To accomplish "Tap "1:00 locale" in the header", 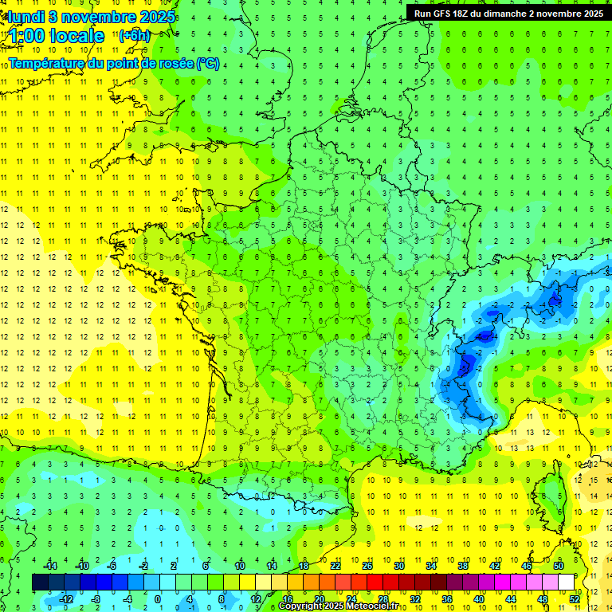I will pyautogui.click(x=56, y=36).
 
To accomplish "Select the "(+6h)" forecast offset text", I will pyautogui.click(x=133, y=36).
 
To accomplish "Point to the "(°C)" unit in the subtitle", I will pyautogui.click(x=208, y=63).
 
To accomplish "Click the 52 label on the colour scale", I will pyautogui.click(x=575, y=599).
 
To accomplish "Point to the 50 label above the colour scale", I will pyautogui.click(x=559, y=565).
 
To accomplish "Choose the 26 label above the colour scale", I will pyautogui.click(x=367, y=565).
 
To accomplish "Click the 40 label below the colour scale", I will pyautogui.click(x=479, y=599).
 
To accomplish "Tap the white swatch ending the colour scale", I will pyautogui.click(x=567, y=582).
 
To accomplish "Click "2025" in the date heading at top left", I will pyautogui.click(x=158, y=17).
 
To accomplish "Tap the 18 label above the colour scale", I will pyautogui.click(x=304, y=565).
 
